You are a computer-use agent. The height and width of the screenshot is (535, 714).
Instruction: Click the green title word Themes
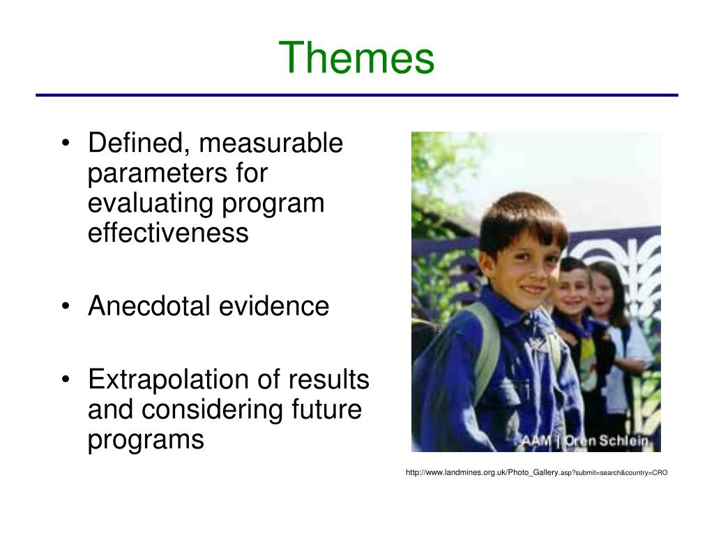click(x=356, y=57)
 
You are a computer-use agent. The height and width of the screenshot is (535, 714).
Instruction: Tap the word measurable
click(x=271, y=143)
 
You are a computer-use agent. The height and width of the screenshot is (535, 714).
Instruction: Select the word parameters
click(x=157, y=174)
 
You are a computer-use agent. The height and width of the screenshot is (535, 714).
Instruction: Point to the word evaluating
click(x=150, y=204)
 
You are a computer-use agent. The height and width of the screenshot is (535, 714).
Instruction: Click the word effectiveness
click(x=168, y=233)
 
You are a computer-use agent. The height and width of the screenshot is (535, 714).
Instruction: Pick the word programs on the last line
click(x=146, y=440)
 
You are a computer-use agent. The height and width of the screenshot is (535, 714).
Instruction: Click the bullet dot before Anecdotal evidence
click(x=66, y=307)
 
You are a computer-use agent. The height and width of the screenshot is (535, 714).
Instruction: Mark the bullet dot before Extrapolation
click(x=66, y=380)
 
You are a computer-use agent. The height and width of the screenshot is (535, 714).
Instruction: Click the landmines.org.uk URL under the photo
click(x=536, y=472)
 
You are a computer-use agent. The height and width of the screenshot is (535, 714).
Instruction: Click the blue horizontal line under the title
click(x=357, y=95)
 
